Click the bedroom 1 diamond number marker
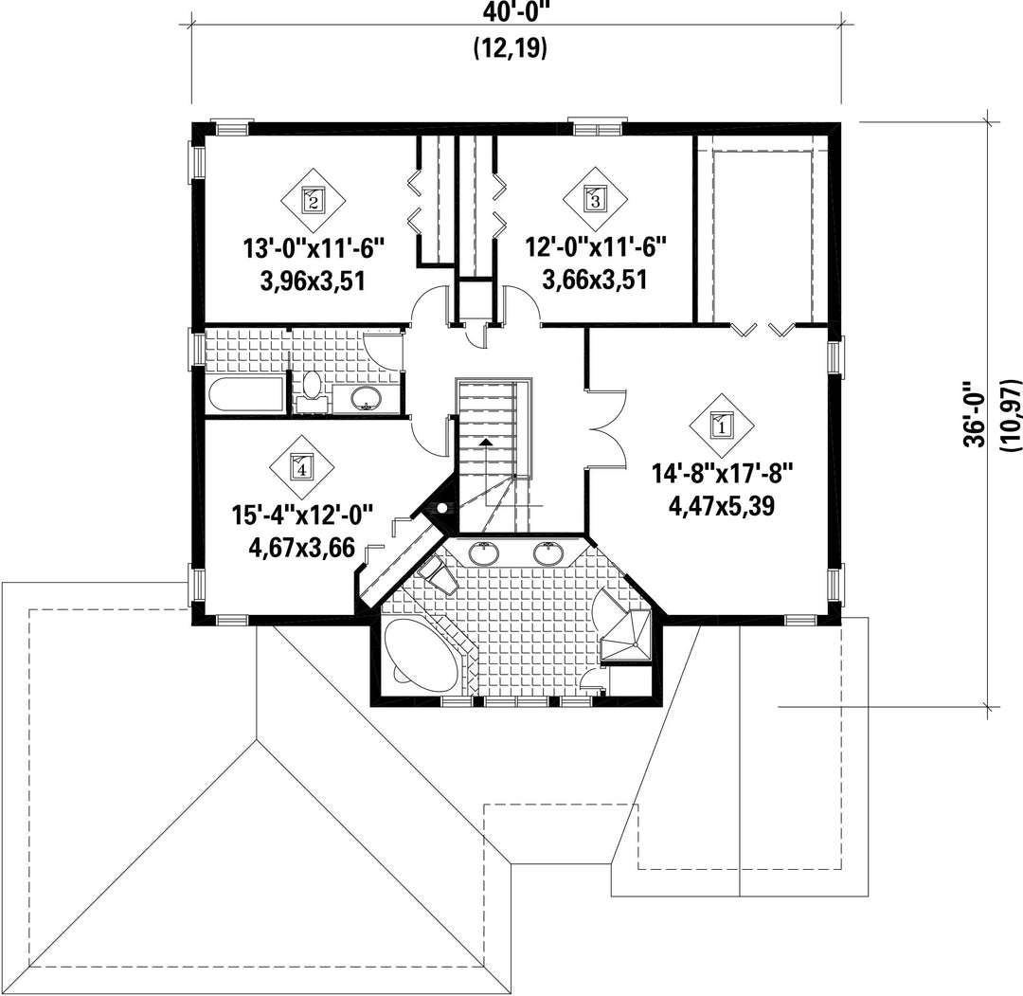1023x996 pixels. (x=722, y=426)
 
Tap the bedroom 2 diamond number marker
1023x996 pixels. (x=314, y=200)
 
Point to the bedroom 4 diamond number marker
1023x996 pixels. (x=301, y=466)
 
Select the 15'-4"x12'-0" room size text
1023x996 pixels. (x=302, y=516)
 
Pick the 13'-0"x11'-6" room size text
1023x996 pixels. (x=313, y=248)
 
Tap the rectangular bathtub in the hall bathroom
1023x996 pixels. (x=245, y=395)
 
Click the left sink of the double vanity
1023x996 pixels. (x=484, y=554)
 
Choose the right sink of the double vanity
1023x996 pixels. (x=548, y=554)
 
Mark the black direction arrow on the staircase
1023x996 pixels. (x=485, y=443)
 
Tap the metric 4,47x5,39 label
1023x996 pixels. (x=722, y=506)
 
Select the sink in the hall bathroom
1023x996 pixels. (x=366, y=397)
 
